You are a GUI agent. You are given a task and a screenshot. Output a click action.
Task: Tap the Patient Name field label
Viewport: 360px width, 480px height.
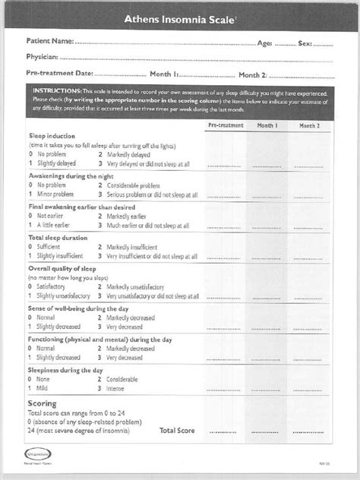(49, 43)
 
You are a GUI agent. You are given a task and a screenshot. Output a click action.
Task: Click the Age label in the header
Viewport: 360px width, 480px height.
(266, 43)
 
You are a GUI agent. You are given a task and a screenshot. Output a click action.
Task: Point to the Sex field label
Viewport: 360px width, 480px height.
(305, 43)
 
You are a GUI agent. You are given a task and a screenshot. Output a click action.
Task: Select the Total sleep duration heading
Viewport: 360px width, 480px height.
(59, 238)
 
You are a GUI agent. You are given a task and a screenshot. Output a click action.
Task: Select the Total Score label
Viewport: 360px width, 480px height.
(177, 430)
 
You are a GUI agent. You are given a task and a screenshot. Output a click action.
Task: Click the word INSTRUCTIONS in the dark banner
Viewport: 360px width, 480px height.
(55, 91)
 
